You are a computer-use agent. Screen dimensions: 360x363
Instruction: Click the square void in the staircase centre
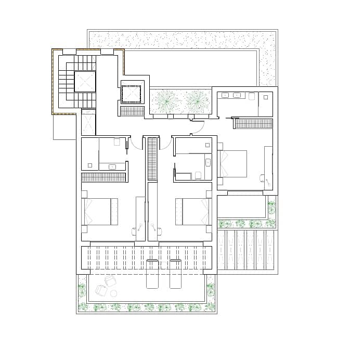(x=85, y=81)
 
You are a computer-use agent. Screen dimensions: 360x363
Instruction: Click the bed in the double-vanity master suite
(x=232, y=163)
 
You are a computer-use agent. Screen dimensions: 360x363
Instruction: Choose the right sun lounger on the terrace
(x=176, y=273)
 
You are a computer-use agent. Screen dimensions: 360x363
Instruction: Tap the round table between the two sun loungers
(x=164, y=265)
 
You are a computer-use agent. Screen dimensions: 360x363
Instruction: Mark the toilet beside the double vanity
(x=252, y=96)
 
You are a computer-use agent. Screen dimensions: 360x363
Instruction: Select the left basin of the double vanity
(x=225, y=95)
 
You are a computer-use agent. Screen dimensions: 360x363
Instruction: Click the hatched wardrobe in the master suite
(x=253, y=123)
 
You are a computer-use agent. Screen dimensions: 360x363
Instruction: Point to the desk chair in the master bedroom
(x=263, y=178)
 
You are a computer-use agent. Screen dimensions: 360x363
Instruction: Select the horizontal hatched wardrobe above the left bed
(x=104, y=177)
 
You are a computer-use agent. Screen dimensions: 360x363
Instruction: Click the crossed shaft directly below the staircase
(x=89, y=124)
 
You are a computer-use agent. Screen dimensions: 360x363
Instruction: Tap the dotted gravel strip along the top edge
(x=182, y=40)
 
